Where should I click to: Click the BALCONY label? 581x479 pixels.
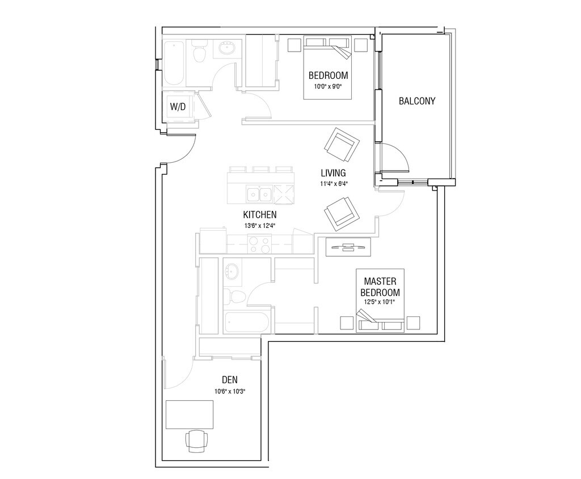[417, 101]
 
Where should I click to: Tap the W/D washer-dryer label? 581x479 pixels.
[178, 107]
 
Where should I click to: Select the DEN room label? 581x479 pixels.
[230, 379]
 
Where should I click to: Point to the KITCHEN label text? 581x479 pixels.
[260, 215]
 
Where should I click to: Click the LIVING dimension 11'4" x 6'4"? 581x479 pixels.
[334, 183]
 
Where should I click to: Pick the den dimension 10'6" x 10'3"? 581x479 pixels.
[230, 391]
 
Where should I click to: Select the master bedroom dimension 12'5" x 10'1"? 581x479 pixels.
[380, 302]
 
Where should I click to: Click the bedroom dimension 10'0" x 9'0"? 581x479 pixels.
[329, 87]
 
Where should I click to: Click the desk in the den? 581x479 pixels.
[190, 414]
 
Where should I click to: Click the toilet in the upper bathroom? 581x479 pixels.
[200, 52]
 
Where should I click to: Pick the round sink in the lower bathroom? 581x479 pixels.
[232, 272]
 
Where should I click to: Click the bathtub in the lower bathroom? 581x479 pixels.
[247, 323]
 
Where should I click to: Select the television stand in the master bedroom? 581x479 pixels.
[348, 247]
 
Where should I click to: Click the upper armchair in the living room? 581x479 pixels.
[342, 145]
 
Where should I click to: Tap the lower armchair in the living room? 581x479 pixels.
[342, 214]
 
